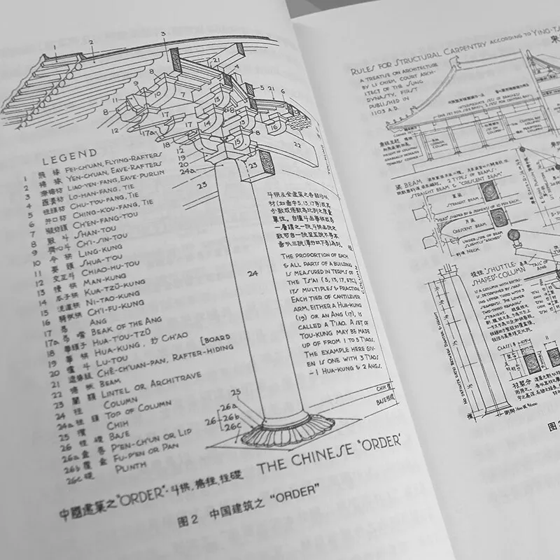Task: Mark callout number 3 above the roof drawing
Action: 163,33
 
